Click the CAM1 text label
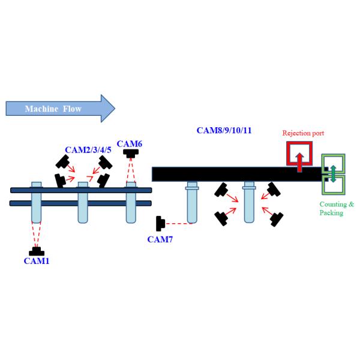pos(36,261)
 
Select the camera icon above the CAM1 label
pos(37,251)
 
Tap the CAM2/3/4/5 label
pos(88,148)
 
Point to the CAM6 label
pos(130,143)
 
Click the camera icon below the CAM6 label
pos(130,154)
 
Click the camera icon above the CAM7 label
pos(160,224)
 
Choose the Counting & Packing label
pos(336,208)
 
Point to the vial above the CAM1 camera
pos(36,204)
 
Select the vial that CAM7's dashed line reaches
pos(192,204)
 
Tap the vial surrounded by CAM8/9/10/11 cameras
pos(249,204)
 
